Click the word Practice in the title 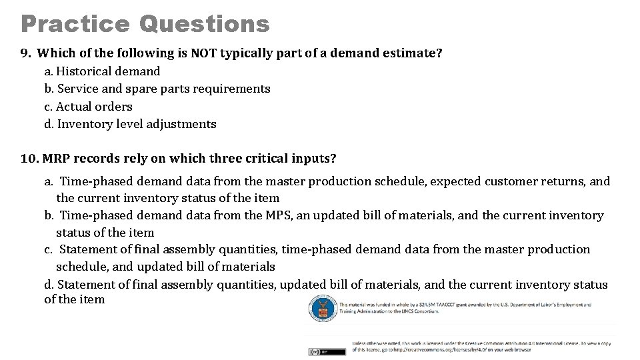tap(75, 24)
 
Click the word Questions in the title tap(205, 24)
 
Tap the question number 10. tap(29, 159)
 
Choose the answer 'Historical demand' tap(108, 71)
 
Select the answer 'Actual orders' tap(94, 107)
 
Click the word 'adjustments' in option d tap(183, 124)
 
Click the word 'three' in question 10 tap(227, 159)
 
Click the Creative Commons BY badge tap(327, 351)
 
